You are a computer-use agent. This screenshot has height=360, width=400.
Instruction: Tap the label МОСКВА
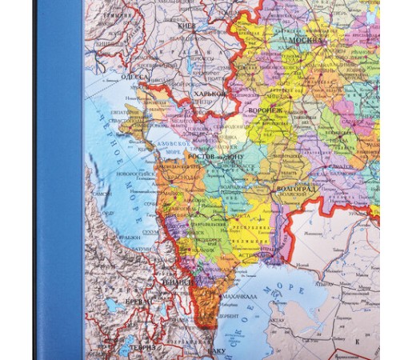coord(307,38)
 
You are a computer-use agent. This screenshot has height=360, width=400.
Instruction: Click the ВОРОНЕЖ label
coord(265,110)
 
